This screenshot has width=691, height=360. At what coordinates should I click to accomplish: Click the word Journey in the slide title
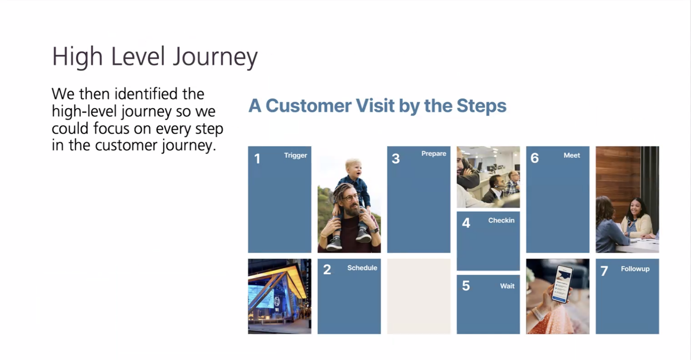215,57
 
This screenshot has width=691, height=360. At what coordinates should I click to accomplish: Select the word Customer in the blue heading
308,106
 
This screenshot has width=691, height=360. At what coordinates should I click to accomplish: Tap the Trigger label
295,156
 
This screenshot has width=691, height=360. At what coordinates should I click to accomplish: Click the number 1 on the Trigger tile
257,159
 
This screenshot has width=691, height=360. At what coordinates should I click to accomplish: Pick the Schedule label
362,268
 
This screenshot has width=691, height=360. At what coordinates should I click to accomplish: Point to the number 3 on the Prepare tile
396,159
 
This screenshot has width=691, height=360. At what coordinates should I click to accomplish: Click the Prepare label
434,154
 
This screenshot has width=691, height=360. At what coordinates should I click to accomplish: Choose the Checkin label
501,220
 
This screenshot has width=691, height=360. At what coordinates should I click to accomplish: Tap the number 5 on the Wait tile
466,286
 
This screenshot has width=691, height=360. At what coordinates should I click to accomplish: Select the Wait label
507,286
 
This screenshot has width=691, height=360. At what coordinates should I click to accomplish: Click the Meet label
572,155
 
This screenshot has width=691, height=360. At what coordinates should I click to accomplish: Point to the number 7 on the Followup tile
604,271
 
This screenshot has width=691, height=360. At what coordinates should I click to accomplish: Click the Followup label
635,269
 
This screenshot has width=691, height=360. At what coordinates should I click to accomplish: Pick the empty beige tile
419,296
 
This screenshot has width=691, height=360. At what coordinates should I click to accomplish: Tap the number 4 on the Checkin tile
466,223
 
